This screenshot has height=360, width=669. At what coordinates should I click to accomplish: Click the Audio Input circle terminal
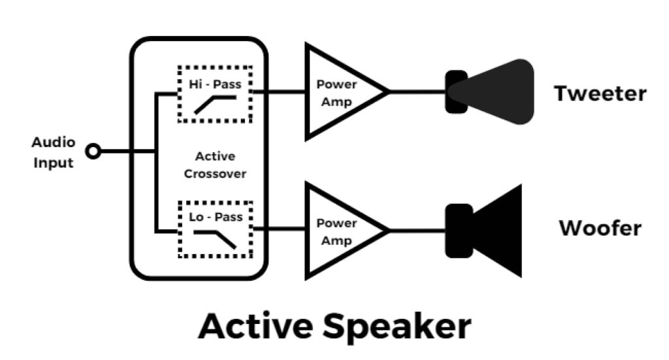point(94,152)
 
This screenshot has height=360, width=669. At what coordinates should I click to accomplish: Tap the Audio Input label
point(54,152)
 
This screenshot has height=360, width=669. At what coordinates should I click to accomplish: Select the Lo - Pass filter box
point(214,229)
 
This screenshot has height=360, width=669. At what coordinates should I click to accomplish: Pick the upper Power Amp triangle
point(340,92)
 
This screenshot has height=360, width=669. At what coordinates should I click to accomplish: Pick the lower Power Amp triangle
point(340,230)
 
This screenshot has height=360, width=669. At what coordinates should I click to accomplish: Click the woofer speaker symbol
point(487,230)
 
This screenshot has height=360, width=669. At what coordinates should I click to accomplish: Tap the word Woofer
point(600,229)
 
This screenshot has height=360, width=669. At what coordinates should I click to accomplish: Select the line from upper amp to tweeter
point(418,92)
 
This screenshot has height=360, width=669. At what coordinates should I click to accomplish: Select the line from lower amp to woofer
point(418,230)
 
